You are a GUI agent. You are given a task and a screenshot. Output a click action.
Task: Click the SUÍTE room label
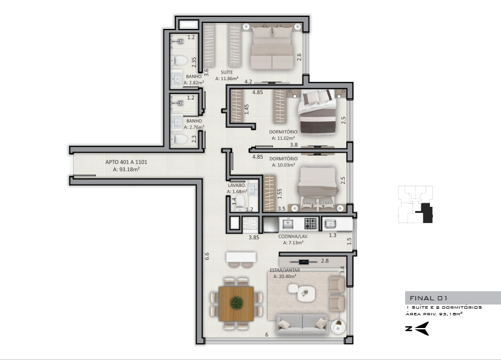pyautogui.click(x=227, y=72)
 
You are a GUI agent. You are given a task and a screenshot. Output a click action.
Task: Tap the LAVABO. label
pyautogui.click(x=237, y=185)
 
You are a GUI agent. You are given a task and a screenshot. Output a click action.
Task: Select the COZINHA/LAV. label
pyautogui.click(x=293, y=236)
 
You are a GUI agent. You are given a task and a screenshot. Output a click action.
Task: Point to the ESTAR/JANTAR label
pyautogui.click(x=285, y=270)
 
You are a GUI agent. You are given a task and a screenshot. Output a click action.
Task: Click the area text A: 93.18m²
pyautogui.click(x=126, y=169)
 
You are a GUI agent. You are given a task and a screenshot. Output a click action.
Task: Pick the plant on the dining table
pyautogui.click(x=236, y=303)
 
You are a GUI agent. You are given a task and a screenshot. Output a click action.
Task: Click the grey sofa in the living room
pyautogui.click(x=302, y=324)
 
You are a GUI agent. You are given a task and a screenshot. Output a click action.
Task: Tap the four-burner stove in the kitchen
pyautogui.click(x=310, y=223)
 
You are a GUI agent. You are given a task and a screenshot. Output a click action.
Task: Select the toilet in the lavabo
pyautogui.click(x=239, y=204)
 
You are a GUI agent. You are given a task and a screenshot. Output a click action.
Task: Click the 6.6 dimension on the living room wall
pyautogui.click(x=207, y=256)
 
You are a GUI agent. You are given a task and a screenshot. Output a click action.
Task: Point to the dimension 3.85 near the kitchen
pyautogui.click(x=254, y=238)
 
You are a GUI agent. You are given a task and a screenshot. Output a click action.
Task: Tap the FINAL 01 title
pyautogui.click(x=428, y=298)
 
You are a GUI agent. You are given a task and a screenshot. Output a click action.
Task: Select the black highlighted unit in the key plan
pyautogui.click(x=425, y=213)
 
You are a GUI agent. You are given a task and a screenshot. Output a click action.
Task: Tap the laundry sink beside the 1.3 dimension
pyautogui.click(x=329, y=224)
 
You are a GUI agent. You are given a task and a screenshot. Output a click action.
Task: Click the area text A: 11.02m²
pyautogui.click(x=283, y=138)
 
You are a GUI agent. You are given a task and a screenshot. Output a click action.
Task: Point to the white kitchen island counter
pyautogui.click(x=241, y=257)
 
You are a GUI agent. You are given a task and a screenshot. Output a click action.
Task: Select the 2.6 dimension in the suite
pyautogui.click(x=299, y=57)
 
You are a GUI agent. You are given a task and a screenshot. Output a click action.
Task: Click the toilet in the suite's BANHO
pyautogui.click(x=179, y=60)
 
